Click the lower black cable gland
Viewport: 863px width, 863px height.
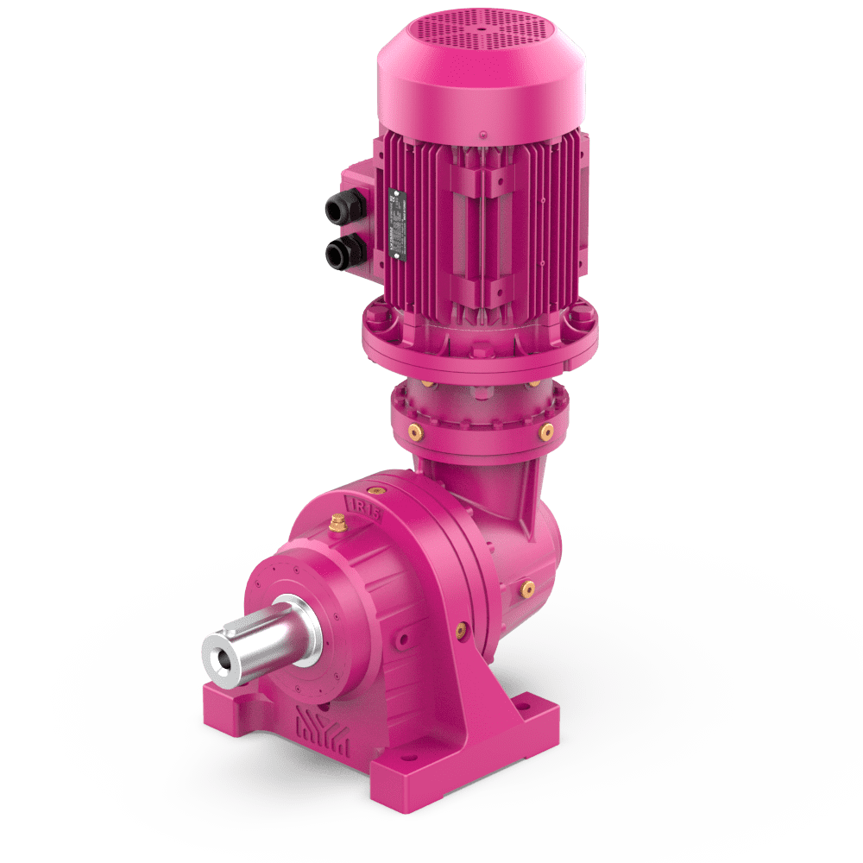pos(338,253)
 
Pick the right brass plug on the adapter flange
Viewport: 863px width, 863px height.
pos(545,430)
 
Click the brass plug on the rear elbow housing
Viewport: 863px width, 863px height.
pos(526,589)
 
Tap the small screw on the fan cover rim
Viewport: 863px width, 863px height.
pos(482,133)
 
